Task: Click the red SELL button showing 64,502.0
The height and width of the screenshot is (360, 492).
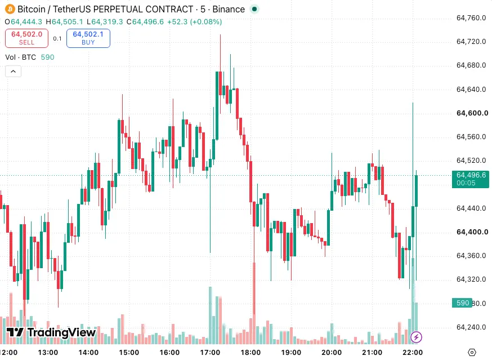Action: click(26, 38)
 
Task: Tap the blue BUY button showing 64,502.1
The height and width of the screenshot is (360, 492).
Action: click(88, 38)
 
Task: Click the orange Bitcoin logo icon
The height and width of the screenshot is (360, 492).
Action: click(10, 9)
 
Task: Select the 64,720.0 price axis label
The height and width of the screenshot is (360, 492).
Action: click(471, 42)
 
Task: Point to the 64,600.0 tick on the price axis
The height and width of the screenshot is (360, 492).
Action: click(472, 113)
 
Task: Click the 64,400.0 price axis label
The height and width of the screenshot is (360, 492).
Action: click(472, 232)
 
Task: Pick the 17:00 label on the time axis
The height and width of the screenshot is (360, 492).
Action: click(210, 353)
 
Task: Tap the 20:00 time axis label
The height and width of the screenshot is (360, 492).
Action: click(332, 353)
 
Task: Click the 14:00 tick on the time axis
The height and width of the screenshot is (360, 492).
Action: click(88, 353)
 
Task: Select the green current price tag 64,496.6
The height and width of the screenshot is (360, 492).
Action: click(471, 179)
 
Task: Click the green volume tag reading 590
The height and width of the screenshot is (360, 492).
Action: click(462, 303)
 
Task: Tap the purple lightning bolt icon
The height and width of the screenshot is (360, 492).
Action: click(416, 337)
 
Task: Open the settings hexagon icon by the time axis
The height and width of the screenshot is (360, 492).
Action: click(472, 353)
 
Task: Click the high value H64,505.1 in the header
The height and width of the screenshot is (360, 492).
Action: click(64, 21)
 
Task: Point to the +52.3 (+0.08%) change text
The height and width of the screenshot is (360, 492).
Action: click(195, 21)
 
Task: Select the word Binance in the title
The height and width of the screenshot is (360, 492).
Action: click(229, 9)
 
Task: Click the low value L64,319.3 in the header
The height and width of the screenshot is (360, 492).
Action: click(105, 21)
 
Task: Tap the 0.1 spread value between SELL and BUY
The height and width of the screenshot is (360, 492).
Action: click(57, 39)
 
